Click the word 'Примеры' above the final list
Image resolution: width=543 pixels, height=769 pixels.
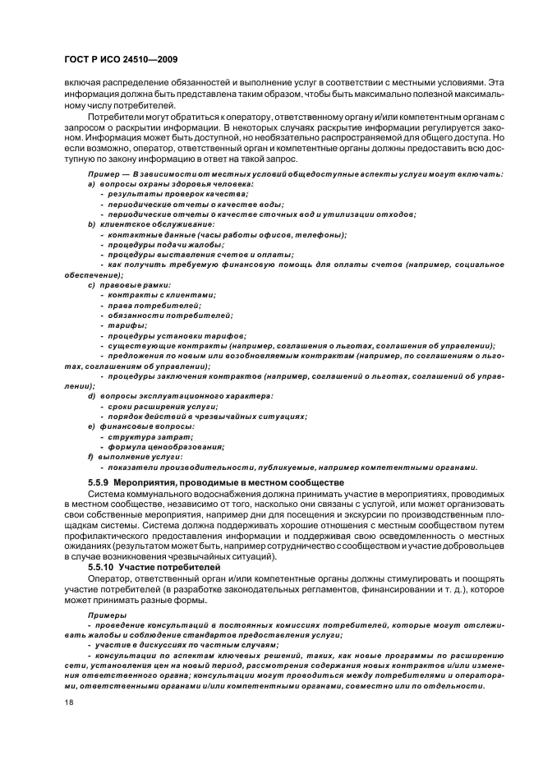point(107,614)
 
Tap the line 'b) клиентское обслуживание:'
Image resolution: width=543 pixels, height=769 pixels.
point(151,224)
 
